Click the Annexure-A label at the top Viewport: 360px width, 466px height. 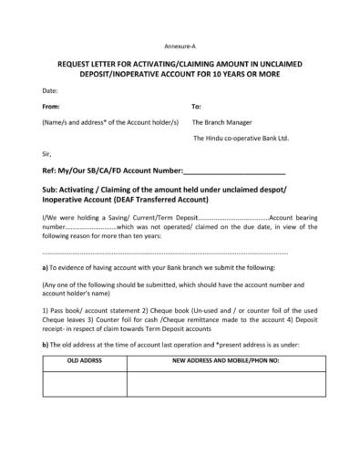click(180, 45)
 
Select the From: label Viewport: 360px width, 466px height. click(52, 106)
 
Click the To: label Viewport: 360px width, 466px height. click(197, 106)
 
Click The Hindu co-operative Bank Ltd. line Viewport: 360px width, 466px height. click(241, 138)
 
